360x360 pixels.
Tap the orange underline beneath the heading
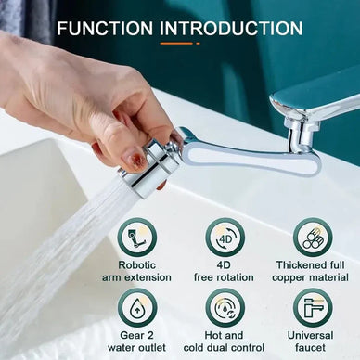[179, 43]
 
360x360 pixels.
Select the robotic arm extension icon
[137, 238]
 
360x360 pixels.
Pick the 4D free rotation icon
[225, 238]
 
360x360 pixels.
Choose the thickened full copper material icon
[313, 238]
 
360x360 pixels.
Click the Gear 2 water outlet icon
[137, 308]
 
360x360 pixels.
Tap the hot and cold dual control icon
[225, 308]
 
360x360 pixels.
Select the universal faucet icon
[313, 308]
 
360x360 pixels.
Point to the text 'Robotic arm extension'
[137, 270]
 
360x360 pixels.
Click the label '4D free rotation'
[225, 270]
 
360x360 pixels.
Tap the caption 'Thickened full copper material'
[313, 270]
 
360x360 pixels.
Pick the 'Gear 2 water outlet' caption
[137, 341]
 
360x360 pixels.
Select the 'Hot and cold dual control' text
[225, 341]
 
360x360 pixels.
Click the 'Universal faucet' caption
[313, 341]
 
